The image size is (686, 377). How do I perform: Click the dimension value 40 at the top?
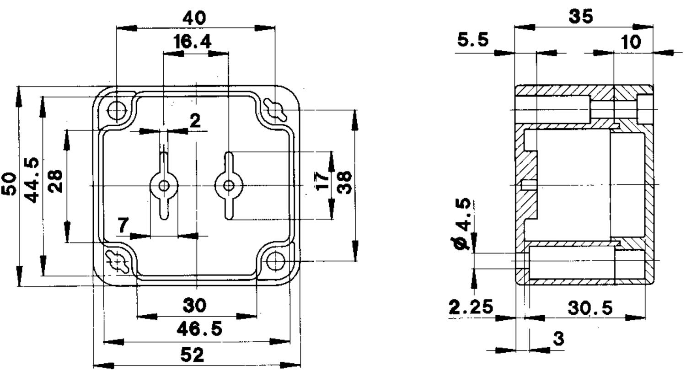tap(194, 18)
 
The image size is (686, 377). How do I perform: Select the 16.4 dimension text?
tap(193, 42)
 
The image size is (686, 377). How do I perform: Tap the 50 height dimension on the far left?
tap(9, 184)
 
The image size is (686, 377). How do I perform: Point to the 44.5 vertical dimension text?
tap(32, 180)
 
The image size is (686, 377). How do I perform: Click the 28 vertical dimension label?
tap(56, 181)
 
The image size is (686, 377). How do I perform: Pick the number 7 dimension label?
tap(123, 225)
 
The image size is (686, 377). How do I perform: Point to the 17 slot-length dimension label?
tap(322, 181)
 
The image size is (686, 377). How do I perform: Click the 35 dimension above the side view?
tap(581, 16)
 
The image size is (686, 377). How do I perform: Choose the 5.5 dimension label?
tap(473, 40)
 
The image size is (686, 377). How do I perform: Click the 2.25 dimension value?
tap(471, 307)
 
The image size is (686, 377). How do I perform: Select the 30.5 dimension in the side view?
tap(590, 308)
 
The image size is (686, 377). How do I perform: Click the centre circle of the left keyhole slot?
tap(165, 186)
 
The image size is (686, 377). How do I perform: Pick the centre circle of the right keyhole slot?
tap(229, 186)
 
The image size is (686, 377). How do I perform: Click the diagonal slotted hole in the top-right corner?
tap(275, 110)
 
